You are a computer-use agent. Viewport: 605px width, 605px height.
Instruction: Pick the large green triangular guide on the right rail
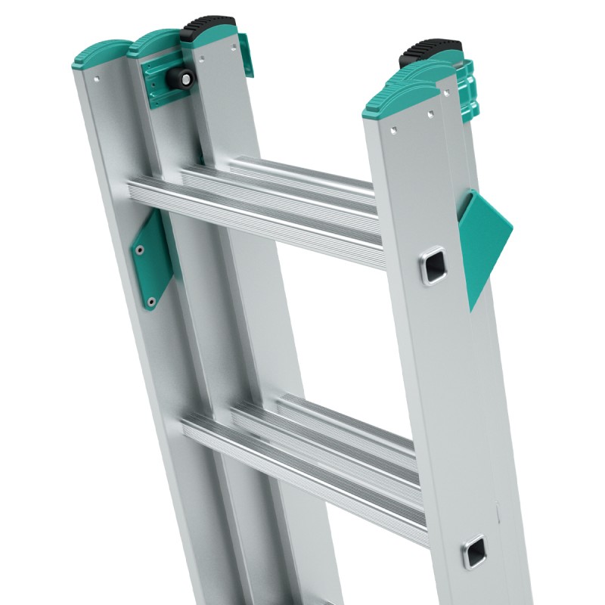pos(483,242)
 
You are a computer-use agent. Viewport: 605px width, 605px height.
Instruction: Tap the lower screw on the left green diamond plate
pos(151,301)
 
